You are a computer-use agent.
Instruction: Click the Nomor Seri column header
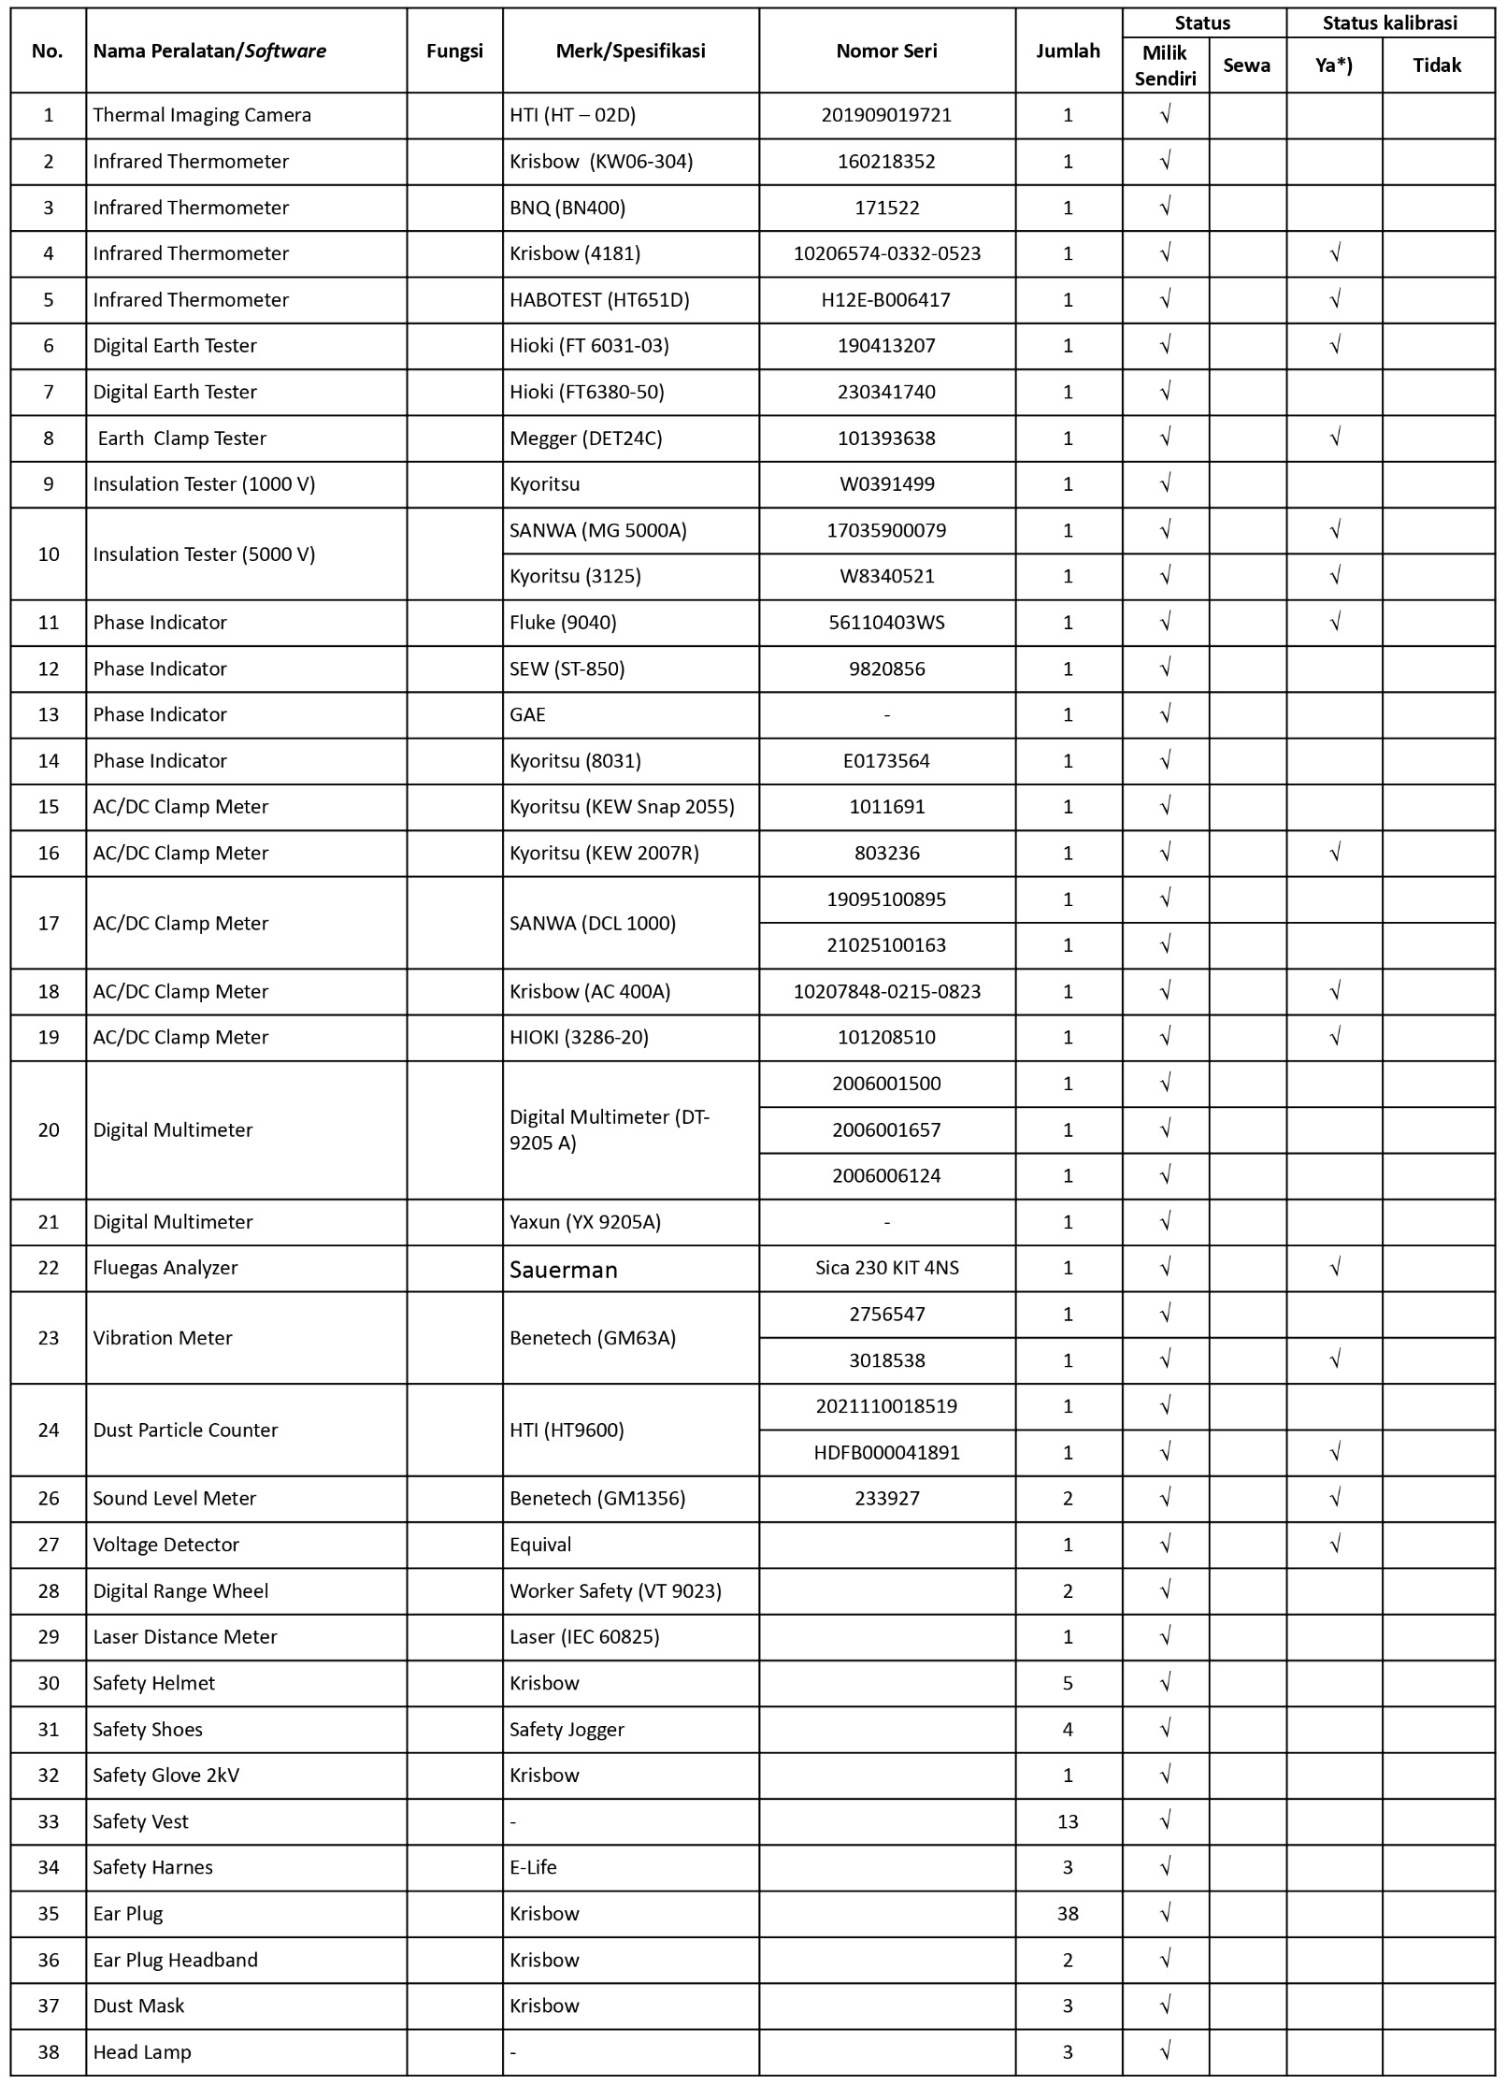tap(886, 50)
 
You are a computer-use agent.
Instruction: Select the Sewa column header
tap(1246, 65)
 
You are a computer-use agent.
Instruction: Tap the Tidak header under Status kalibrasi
tap(1437, 65)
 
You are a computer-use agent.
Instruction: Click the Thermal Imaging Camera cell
tap(202, 115)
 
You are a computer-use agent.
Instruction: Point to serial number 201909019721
tap(886, 115)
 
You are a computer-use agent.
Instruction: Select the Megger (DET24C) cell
tap(586, 439)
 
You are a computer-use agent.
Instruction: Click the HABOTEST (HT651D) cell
tap(599, 300)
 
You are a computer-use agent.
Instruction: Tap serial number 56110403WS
tap(886, 623)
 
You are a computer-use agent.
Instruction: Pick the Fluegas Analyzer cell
tap(165, 1268)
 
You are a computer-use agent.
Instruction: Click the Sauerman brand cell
tap(564, 1269)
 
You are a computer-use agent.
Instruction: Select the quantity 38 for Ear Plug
tap(1068, 1913)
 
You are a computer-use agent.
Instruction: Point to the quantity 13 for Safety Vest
tap(1068, 1821)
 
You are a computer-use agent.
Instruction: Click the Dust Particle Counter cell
tap(185, 1430)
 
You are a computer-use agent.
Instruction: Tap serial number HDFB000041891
tap(886, 1452)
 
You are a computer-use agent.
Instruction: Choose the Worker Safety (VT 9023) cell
tap(615, 1590)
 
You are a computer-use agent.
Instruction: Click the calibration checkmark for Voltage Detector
tap(1335, 1545)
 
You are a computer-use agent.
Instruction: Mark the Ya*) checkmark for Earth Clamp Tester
tap(1335, 438)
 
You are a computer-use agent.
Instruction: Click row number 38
tap(49, 2051)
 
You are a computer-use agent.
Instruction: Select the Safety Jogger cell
tap(567, 1729)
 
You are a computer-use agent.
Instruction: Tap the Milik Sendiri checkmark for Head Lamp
tap(1165, 2051)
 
